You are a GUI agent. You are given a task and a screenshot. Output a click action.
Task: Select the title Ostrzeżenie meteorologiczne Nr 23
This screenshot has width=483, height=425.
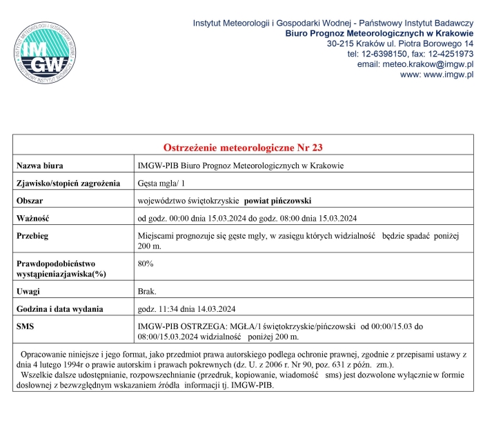pos(242,147)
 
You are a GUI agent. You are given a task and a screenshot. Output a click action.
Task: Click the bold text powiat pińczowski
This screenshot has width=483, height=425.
pos(278,201)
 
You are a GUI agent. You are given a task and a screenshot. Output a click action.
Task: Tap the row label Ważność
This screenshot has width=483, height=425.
pos(34,219)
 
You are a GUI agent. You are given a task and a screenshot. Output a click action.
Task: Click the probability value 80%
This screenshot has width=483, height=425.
pos(146,264)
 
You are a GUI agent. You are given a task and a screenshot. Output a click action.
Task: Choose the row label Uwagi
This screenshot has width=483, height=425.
pos(28,291)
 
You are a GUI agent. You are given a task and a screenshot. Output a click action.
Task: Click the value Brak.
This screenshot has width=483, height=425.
pos(147,291)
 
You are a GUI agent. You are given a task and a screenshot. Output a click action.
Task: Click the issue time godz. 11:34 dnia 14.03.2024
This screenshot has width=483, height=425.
pos(188,308)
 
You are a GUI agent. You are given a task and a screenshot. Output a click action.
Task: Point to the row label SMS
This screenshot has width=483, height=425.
pos(26,326)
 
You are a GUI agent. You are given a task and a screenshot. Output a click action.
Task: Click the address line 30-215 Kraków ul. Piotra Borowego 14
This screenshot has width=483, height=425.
pos(400,43)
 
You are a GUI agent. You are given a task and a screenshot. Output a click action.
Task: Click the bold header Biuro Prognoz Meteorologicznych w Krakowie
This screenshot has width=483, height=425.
pos(379,33)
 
